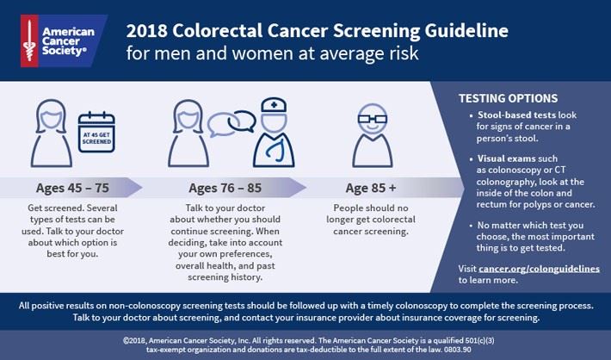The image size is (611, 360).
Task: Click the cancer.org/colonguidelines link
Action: tap(540, 269)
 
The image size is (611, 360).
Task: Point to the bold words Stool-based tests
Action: tap(502, 115)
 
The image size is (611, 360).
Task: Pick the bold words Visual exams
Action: tap(496, 159)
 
